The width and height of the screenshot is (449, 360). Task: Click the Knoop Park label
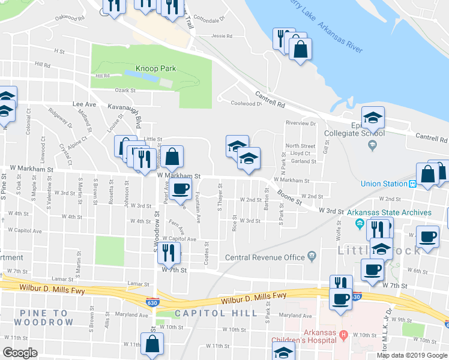pos(155,68)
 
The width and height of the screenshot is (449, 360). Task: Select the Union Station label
pos(384,184)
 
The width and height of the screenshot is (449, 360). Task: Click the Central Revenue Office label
pos(265,258)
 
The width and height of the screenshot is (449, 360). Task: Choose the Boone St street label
pos(289,197)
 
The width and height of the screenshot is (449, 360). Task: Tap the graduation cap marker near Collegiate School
pos(373,117)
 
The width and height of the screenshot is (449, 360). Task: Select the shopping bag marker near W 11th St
pos(152,344)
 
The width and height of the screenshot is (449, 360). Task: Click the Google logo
pos(20,353)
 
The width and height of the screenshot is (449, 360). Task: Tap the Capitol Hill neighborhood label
pos(215,313)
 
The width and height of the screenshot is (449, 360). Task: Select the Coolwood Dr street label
pos(247,103)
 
